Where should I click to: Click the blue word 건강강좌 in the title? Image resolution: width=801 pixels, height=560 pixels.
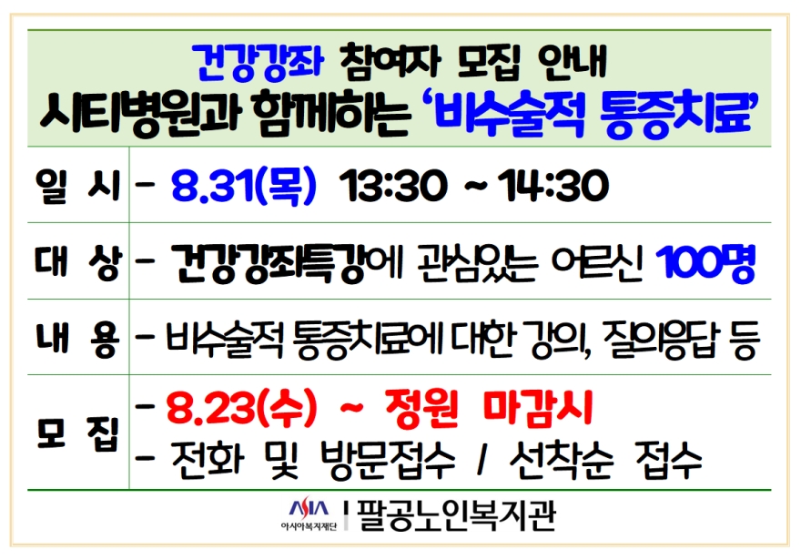click(x=259, y=64)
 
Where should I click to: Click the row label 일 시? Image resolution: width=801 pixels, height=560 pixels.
click(x=77, y=186)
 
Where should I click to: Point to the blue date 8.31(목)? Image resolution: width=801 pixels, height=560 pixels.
click(x=244, y=186)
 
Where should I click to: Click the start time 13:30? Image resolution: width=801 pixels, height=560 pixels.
click(x=392, y=186)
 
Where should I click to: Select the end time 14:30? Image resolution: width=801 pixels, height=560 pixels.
click(x=553, y=186)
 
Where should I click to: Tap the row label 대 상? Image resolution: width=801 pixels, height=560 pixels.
click(x=78, y=262)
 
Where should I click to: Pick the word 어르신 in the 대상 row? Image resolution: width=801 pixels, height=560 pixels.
click(x=595, y=263)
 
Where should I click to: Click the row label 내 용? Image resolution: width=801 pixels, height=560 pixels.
click(x=77, y=338)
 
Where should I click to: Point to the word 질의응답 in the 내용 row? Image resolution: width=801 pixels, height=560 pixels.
click(x=661, y=339)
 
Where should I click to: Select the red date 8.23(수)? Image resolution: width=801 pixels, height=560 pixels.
click(x=241, y=409)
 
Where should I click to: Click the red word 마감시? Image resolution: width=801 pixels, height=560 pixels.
click(x=538, y=408)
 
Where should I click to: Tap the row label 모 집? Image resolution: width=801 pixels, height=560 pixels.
click(x=77, y=434)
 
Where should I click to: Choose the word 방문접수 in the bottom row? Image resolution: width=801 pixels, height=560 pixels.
click(x=388, y=461)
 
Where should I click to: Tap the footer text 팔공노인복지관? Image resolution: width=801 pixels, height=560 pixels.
click(x=456, y=515)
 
